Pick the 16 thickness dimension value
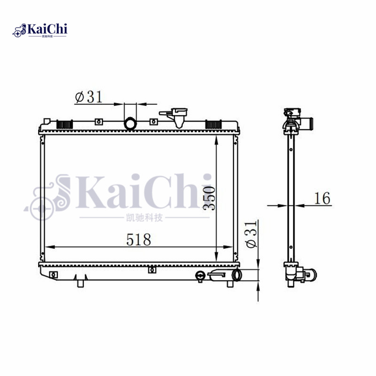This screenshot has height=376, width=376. pos(322,198)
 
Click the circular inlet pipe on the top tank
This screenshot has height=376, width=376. pos(130,124)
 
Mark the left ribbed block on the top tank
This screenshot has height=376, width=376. pos(64,125)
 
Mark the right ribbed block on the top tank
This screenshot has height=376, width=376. pos(213,125)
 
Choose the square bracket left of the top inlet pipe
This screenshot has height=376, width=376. pos(98,122)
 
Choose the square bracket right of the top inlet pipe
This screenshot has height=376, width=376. pos(152,122)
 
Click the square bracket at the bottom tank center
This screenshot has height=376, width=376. pos(151,270)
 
